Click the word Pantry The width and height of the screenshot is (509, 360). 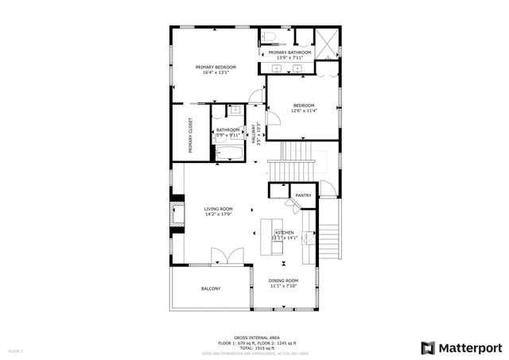click(303, 195)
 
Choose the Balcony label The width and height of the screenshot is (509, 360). click(211, 288)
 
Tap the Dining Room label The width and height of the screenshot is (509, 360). click(283, 281)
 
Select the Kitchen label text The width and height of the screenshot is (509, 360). click(285, 232)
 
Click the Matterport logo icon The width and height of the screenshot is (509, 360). click(429, 347)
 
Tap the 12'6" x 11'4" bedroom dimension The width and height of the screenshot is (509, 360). click(304, 111)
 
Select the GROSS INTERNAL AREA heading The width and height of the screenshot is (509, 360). click(254, 337)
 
